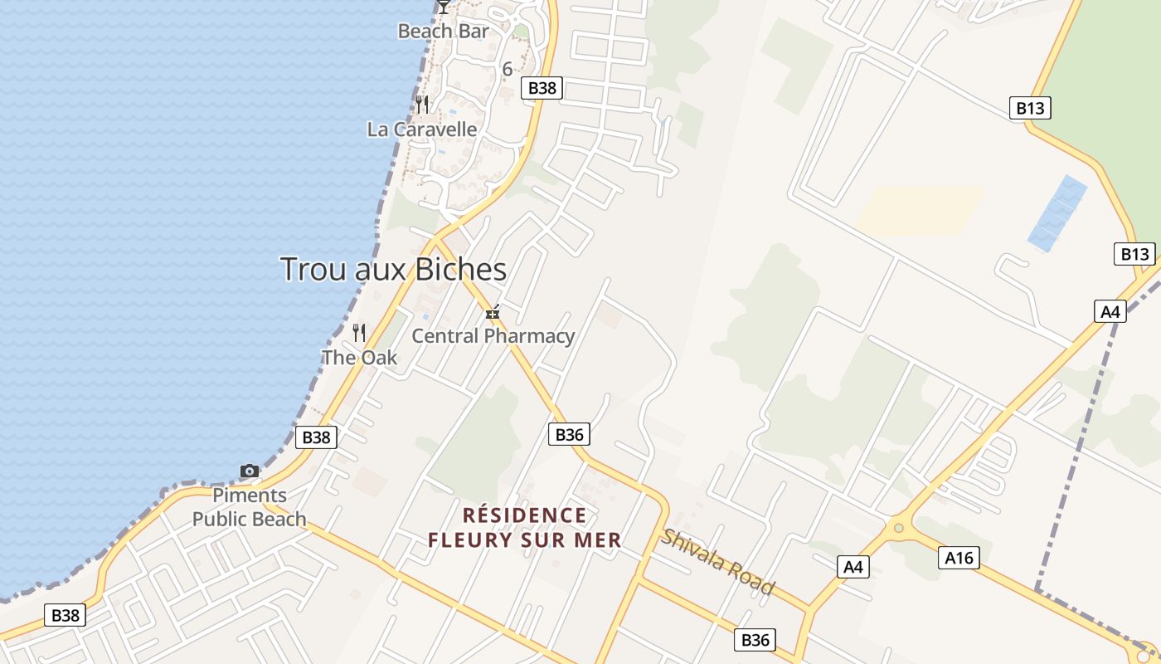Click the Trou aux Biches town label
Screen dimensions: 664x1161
393,270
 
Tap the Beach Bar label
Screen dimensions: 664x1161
443,32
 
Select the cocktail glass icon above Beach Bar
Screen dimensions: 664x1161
444,7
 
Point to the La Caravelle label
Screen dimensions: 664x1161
422,129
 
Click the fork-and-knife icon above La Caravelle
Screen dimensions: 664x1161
422,105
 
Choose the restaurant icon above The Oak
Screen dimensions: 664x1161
359,333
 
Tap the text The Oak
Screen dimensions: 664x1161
359,358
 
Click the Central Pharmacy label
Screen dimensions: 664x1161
493,336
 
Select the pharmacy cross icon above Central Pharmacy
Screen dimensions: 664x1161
493,313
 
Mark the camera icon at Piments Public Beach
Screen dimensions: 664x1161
249,471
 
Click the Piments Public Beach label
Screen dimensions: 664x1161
249,507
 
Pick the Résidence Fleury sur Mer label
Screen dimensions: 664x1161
524,528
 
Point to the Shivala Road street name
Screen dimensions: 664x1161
718,562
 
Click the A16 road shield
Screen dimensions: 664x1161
959,558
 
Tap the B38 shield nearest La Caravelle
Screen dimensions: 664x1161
542,88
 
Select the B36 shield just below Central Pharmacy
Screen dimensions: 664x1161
569,434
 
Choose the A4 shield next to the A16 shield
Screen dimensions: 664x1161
853,568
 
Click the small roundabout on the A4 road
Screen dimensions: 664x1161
897,527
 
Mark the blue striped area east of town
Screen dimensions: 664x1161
1057,213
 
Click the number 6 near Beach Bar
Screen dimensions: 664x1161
508,69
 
